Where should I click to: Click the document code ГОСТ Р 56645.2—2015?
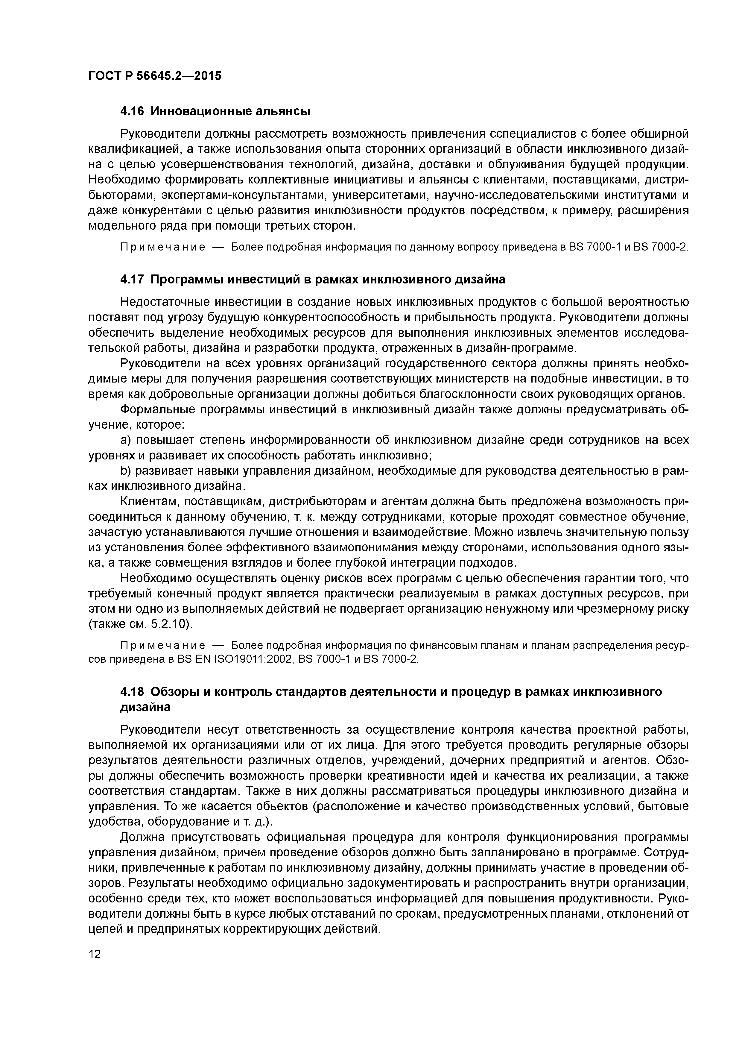point(154,75)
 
